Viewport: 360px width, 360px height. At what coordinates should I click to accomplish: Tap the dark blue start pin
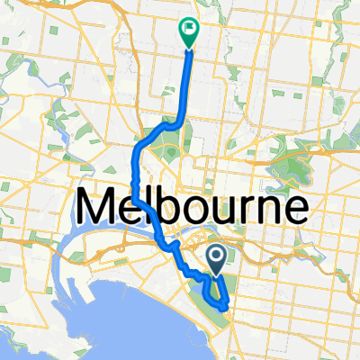[x=218, y=258]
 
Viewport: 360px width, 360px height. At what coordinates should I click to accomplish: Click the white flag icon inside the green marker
[x=189, y=28]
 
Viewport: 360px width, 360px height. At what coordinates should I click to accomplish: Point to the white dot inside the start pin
[x=218, y=255]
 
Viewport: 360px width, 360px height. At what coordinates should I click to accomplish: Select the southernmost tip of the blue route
[x=223, y=307]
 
